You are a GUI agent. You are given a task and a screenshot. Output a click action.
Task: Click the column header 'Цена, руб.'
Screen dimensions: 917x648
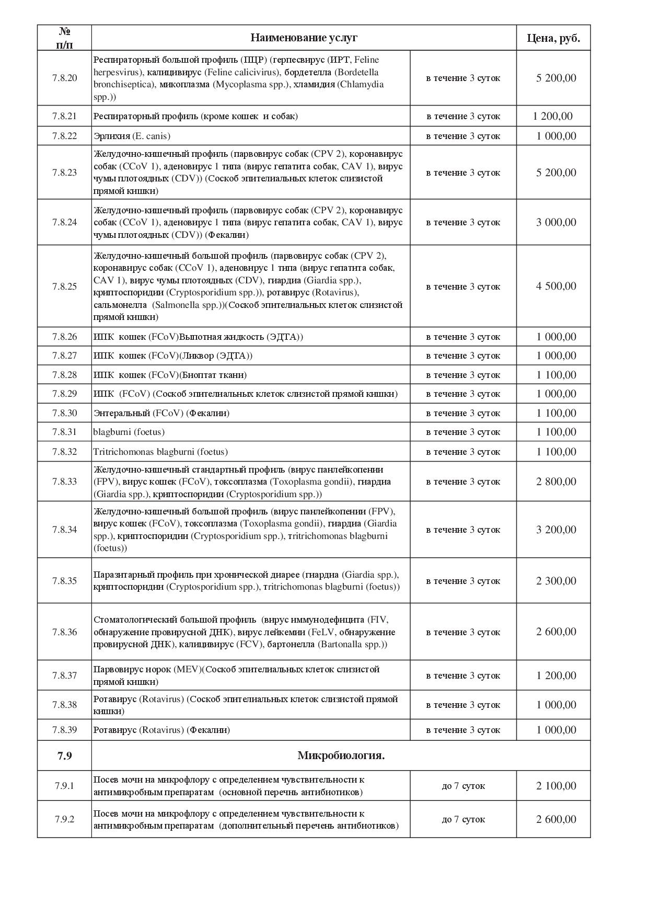(x=553, y=38)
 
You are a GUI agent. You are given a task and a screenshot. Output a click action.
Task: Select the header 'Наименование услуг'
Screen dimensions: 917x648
(x=304, y=38)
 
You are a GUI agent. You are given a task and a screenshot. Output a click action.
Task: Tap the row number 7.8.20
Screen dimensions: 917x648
(x=64, y=78)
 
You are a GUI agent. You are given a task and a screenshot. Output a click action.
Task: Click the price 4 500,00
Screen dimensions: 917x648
(x=556, y=286)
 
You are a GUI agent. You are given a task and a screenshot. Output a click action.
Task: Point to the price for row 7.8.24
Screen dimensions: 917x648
(x=556, y=222)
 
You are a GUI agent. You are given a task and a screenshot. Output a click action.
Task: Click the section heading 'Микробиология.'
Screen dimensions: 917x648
(x=341, y=755)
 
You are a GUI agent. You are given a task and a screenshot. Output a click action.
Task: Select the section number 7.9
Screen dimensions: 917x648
(x=64, y=755)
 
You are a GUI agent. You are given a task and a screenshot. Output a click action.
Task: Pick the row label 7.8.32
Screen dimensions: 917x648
(x=64, y=452)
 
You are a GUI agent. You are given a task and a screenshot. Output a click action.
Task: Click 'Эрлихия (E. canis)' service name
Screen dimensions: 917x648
(x=132, y=136)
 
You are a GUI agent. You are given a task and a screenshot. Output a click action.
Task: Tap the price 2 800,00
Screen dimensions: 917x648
(x=556, y=482)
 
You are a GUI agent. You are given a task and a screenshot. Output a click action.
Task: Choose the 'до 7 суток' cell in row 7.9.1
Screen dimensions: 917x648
(x=463, y=786)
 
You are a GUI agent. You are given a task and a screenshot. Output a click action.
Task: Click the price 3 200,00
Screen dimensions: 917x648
(x=556, y=530)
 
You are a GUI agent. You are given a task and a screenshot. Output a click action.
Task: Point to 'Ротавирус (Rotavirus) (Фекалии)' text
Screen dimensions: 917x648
(x=161, y=730)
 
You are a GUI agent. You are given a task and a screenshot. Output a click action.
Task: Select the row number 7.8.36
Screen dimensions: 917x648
(x=64, y=632)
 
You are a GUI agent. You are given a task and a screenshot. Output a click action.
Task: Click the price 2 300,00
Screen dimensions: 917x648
(x=556, y=581)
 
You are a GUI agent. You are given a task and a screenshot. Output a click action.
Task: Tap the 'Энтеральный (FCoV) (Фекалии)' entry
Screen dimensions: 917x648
(x=161, y=413)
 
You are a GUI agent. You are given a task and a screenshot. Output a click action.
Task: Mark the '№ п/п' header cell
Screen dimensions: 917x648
(x=64, y=38)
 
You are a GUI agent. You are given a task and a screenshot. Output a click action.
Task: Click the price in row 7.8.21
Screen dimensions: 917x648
(x=552, y=116)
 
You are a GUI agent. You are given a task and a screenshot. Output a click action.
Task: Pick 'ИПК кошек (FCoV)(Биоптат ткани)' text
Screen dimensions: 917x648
(x=170, y=375)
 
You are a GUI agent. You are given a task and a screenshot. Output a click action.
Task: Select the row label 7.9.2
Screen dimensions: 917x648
(x=64, y=819)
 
